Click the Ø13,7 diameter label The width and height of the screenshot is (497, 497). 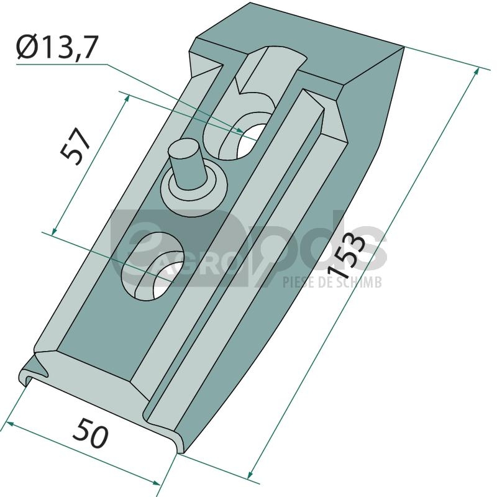click(x=56, y=47)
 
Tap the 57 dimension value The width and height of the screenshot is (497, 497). click(x=75, y=147)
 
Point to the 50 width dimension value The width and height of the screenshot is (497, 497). click(x=90, y=433)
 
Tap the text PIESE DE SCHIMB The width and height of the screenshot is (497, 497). click(x=332, y=282)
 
